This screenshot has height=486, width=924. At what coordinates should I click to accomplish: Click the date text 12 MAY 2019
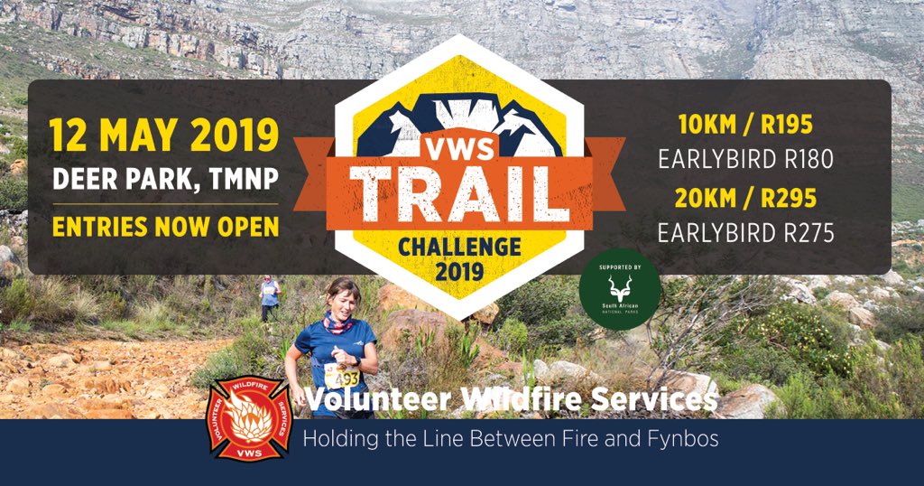coord(165,136)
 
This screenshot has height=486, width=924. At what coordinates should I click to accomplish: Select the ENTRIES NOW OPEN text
coord(165,227)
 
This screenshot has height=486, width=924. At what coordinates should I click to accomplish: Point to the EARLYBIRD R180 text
coord(745,160)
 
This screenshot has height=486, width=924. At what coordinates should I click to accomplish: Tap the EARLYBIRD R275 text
coord(745,232)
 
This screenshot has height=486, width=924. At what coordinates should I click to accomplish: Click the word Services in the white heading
coord(659,397)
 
